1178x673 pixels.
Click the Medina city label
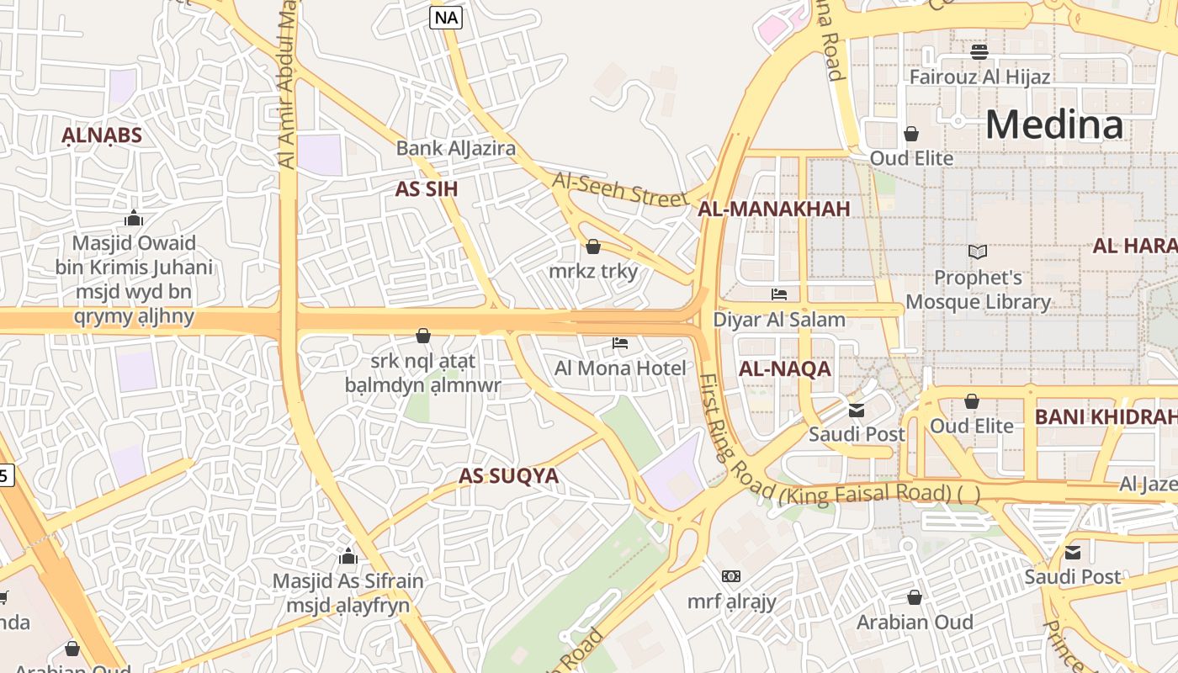[x=1053, y=125]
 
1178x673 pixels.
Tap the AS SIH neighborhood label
[x=427, y=189]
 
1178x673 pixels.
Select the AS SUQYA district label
[x=508, y=476]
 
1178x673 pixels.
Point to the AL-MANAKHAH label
[x=774, y=209]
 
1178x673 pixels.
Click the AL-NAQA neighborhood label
[x=784, y=368]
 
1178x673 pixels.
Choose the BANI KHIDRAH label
[x=1104, y=417]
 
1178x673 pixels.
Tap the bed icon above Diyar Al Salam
[x=779, y=294]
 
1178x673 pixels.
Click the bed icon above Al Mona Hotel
[x=620, y=343]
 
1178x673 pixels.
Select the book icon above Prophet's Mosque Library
[x=977, y=252]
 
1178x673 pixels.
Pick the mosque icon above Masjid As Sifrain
[x=348, y=556]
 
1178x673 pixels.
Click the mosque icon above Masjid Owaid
[x=134, y=219]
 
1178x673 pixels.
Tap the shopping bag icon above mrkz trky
[x=593, y=246]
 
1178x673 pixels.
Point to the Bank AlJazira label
[x=455, y=149]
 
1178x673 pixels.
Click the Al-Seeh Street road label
[x=619, y=189]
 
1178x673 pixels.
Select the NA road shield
[x=446, y=17]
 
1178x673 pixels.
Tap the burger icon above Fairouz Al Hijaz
[x=979, y=52]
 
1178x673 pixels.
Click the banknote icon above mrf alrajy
[x=731, y=576]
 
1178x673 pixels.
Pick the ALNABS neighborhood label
[x=102, y=135]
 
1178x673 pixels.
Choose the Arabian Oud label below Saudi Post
[x=915, y=623]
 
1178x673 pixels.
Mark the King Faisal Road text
[x=866, y=492]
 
